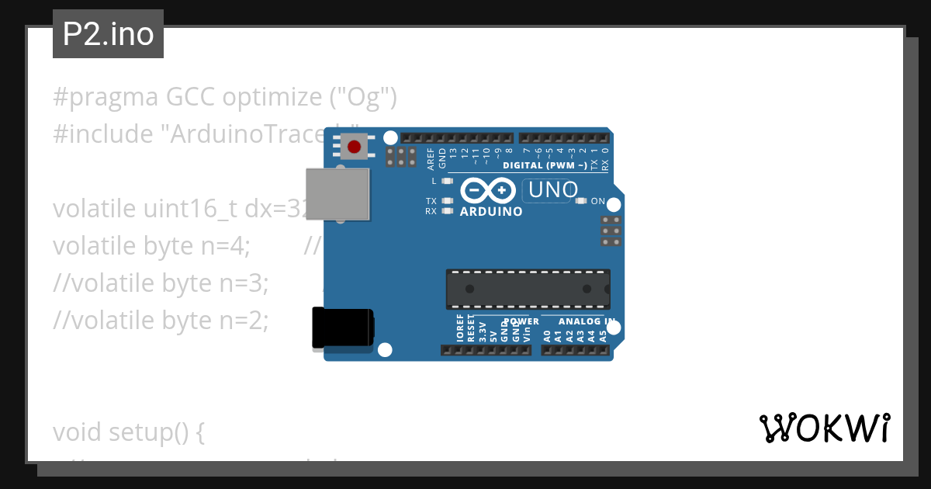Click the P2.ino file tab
coord(108,34)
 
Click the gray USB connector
coord(337,193)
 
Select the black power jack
coord(342,328)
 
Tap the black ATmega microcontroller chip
coord(528,289)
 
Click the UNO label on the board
coord(552,189)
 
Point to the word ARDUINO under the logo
coord(491,211)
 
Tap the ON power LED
coord(581,201)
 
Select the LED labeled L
coord(446,181)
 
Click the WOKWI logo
coord(824,428)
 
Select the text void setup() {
coord(129,432)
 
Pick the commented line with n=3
coord(161,283)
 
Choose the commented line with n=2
coord(161,320)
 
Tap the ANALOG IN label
coord(587,321)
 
